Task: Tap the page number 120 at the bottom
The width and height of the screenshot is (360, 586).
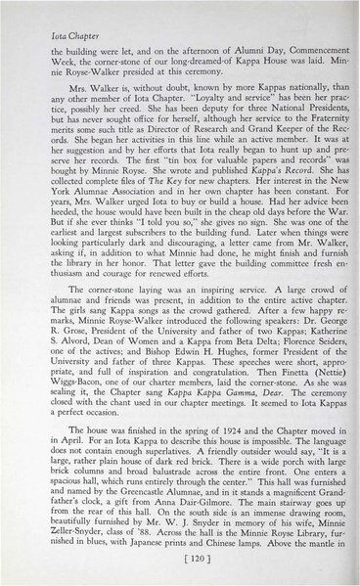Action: point(179,565)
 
